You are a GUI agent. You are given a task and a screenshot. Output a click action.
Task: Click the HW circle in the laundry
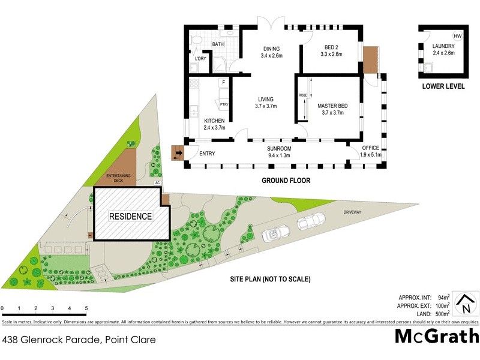[x=458, y=35]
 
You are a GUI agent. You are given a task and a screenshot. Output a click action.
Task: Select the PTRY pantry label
[x=224, y=104]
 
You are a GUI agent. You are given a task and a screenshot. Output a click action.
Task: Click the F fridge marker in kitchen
[x=223, y=82]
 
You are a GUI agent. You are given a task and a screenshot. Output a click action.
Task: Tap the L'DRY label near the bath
[x=200, y=58]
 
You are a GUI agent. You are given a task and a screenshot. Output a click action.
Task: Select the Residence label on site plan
[x=130, y=216]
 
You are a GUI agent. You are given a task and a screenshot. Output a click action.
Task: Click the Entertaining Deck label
[x=118, y=178]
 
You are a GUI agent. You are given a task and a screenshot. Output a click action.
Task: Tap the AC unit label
[x=157, y=183]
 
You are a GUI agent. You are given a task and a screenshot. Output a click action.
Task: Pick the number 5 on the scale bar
[x=86, y=308]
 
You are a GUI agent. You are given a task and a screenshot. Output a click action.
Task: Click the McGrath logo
[x=436, y=336]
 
